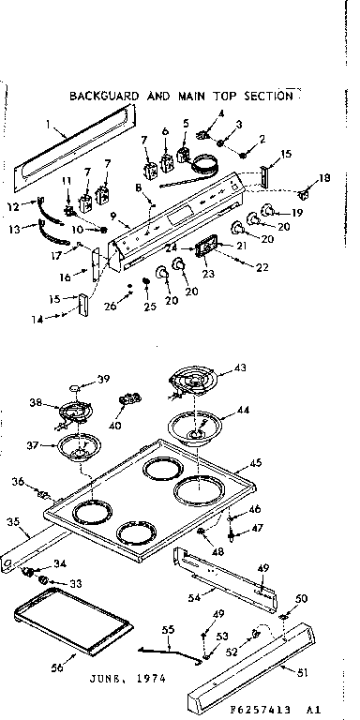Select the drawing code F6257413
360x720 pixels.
click(271, 709)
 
